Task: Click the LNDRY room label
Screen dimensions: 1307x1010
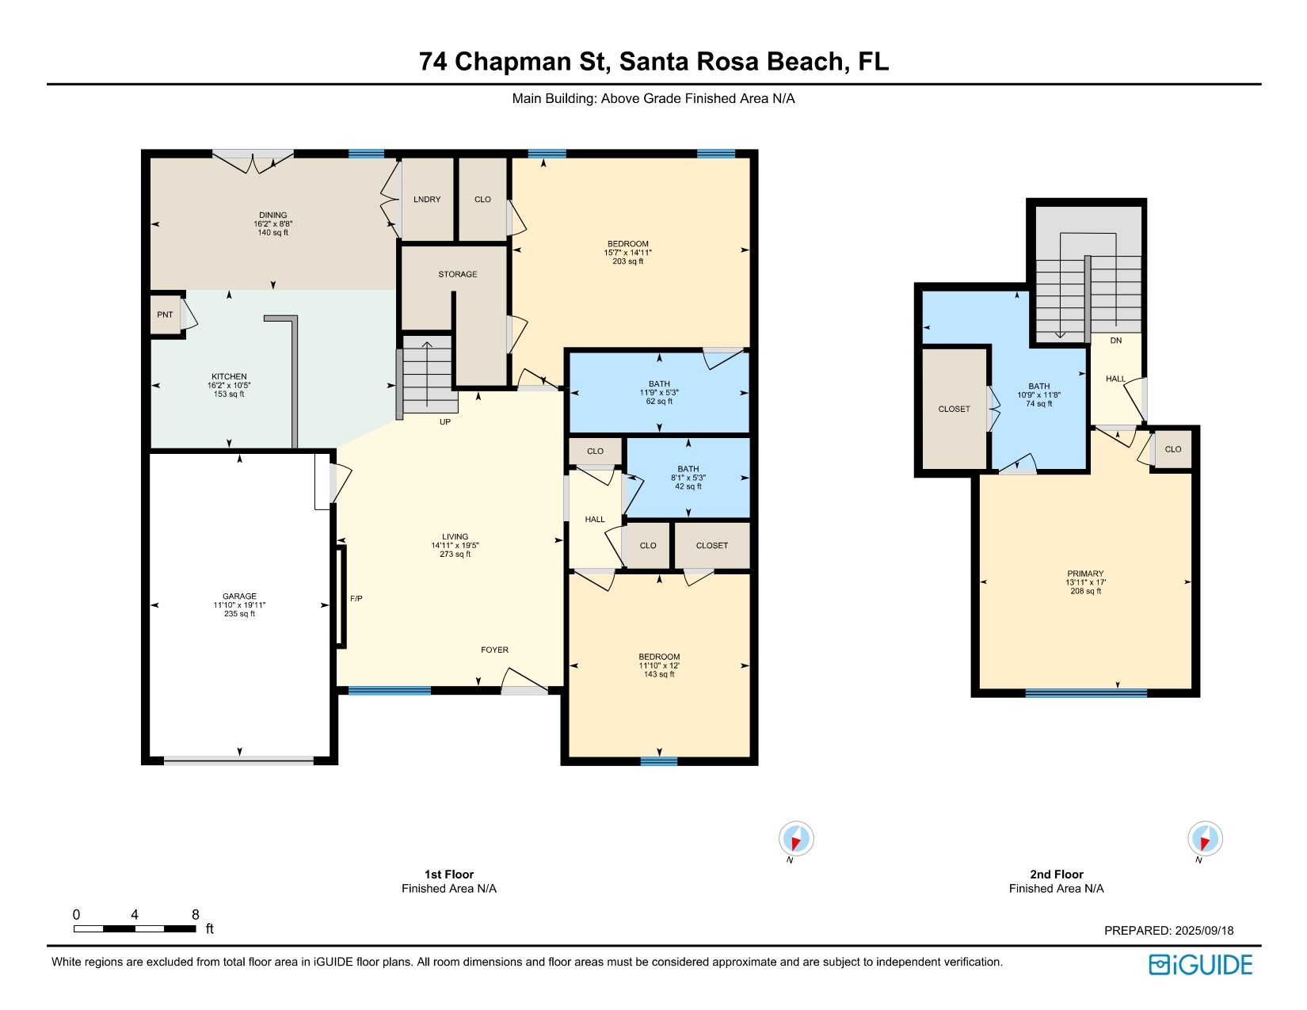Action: point(427,199)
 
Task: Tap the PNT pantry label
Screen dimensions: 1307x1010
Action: point(165,314)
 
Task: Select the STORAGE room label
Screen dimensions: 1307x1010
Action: point(458,274)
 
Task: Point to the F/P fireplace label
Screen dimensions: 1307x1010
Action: point(356,599)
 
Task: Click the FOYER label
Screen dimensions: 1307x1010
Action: point(494,650)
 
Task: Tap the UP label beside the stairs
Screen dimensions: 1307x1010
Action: point(445,421)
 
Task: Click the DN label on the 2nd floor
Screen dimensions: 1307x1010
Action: point(1116,341)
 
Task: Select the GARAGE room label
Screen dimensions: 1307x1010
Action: point(239,596)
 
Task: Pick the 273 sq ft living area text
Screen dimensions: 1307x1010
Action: point(455,554)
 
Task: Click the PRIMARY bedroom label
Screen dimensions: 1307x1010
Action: point(1086,574)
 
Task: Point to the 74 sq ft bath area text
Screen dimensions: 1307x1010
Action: point(1039,404)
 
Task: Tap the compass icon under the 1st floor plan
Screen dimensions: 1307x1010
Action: point(796,838)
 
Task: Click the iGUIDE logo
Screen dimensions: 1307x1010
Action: point(1201,965)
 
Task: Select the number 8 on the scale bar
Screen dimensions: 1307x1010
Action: point(196,914)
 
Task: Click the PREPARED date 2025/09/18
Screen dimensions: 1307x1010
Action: point(1204,931)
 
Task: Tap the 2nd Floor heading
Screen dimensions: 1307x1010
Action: point(1056,874)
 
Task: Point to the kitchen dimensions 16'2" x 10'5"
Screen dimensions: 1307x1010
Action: point(229,386)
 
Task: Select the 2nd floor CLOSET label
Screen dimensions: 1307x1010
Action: point(954,409)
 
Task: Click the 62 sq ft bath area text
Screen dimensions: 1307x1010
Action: point(659,402)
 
